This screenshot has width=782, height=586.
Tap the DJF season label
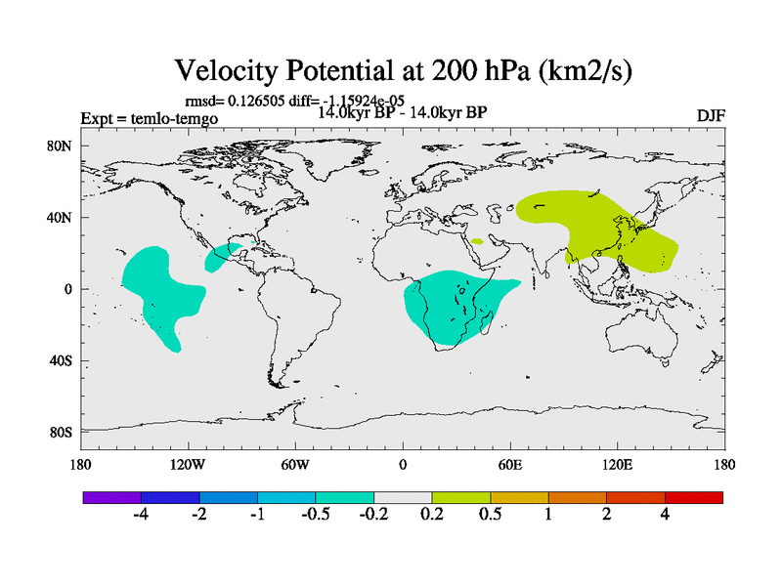[x=710, y=115]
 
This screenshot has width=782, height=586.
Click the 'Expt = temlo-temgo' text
[x=150, y=118]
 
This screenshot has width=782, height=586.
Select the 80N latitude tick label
[x=62, y=146]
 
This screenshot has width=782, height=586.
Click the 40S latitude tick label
[x=62, y=360]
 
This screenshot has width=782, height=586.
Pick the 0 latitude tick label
[x=68, y=289]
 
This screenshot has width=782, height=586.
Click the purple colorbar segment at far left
[x=111, y=497]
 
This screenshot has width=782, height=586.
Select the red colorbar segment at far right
[x=694, y=497]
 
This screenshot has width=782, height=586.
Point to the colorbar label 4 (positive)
[x=665, y=515]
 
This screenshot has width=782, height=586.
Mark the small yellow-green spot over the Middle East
[x=476, y=240]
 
